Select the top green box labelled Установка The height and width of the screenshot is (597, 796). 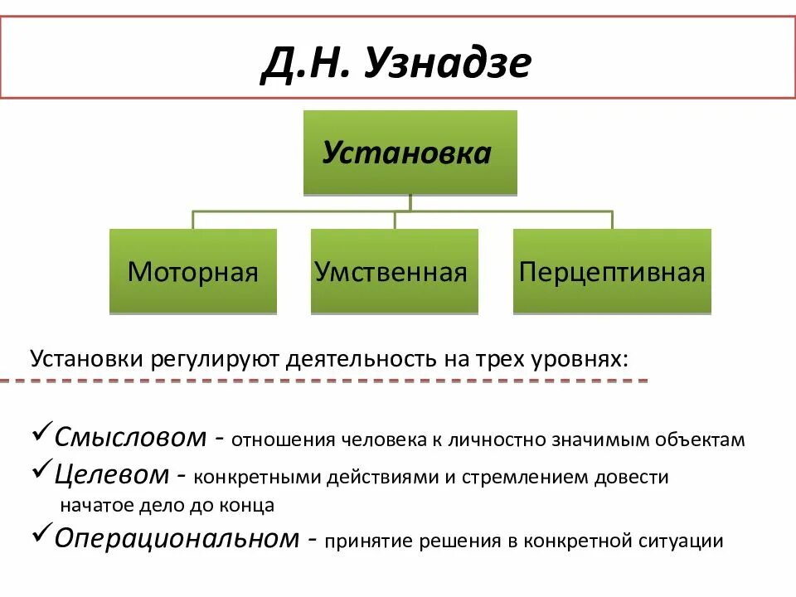(410, 153)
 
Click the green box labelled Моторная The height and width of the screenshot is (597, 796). (192, 272)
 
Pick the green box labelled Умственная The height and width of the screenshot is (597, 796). (394, 272)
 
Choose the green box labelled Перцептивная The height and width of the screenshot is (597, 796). (612, 272)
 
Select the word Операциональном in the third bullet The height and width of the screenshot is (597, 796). (175, 538)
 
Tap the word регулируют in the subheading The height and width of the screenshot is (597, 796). (216, 361)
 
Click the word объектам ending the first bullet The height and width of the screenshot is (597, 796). (704, 440)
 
